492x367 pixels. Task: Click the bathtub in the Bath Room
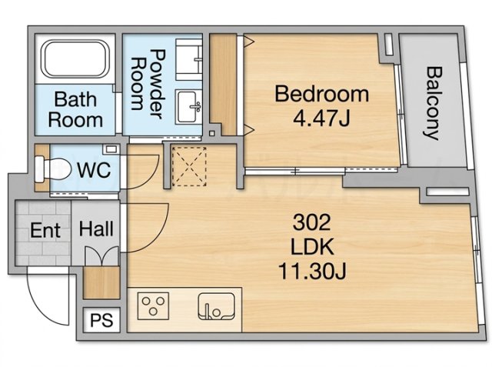point(75,58)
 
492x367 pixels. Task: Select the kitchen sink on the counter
point(216,306)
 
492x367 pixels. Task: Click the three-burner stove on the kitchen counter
point(153,306)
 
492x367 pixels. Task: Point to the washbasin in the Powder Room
point(189,106)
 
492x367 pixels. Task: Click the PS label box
point(101,320)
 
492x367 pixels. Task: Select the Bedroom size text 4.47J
point(321,118)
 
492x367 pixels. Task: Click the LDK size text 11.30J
point(312,272)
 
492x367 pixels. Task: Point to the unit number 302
point(312,222)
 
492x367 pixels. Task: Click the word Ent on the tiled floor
point(45,231)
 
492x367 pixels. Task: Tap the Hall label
point(96,229)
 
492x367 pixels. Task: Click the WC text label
point(94,170)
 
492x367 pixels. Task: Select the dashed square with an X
point(190,165)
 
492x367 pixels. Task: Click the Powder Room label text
point(148,84)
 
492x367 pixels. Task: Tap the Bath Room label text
point(75,109)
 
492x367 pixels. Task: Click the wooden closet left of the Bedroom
point(223,84)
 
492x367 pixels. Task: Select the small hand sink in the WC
point(111,149)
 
